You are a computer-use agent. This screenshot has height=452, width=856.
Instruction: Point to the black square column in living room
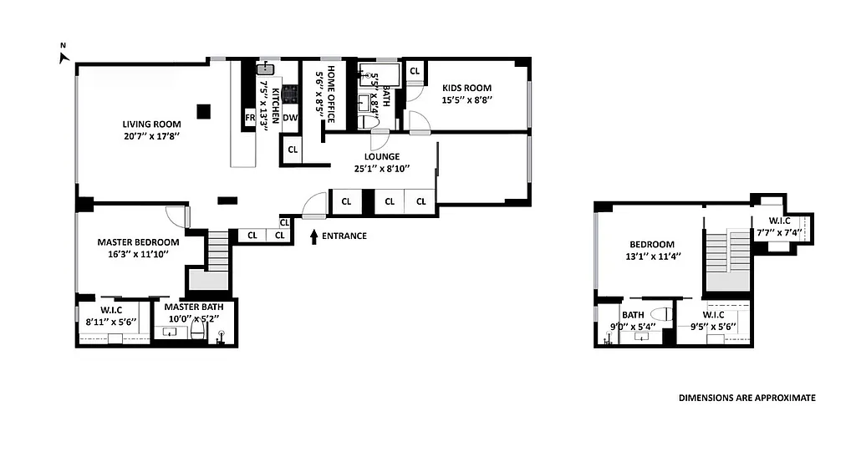(203, 110)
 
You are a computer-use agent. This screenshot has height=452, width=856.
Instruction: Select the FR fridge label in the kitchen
(249, 118)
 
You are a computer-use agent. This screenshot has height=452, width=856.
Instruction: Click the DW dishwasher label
(289, 118)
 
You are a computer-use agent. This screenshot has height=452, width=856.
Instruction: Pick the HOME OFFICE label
(331, 94)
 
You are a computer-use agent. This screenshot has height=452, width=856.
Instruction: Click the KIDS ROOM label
(466, 88)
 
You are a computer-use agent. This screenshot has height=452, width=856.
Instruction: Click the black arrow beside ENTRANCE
(314, 236)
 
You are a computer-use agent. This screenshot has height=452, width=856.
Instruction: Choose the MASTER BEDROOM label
(138, 242)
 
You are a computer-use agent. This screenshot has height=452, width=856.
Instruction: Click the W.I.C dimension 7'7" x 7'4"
(786, 233)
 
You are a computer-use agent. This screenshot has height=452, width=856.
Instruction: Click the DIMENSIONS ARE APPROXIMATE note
(746, 399)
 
